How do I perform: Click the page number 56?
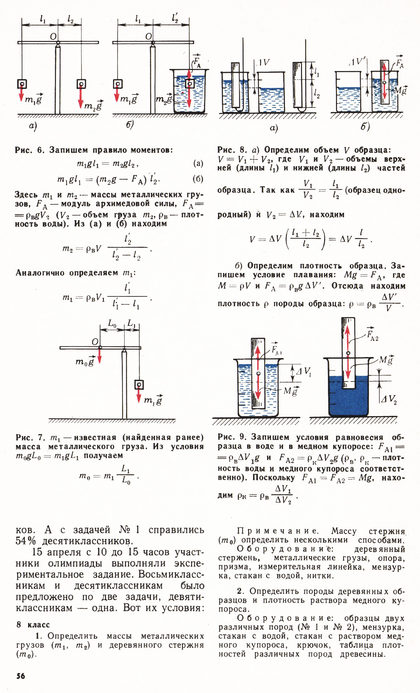click(x=21, y=676)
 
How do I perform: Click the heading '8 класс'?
click(x=33, y=625)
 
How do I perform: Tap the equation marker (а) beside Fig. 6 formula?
click(x=198, y=163)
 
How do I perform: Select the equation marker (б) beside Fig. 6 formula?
click(x=198, y=179)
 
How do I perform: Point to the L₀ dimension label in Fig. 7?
click(x=112, y=324)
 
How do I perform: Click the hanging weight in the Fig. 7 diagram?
click(x=139, y=385)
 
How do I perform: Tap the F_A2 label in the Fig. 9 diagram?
click(x=372, y=336)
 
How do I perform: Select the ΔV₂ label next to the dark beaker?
click(x=388, y=399)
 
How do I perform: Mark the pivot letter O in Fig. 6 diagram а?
click(x=53, y=36)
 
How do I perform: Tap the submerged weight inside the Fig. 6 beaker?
click(x=189, y=84)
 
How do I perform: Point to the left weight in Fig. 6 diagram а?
click(x=22, y=84)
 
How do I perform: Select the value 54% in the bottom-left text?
click(x=26, y=541)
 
